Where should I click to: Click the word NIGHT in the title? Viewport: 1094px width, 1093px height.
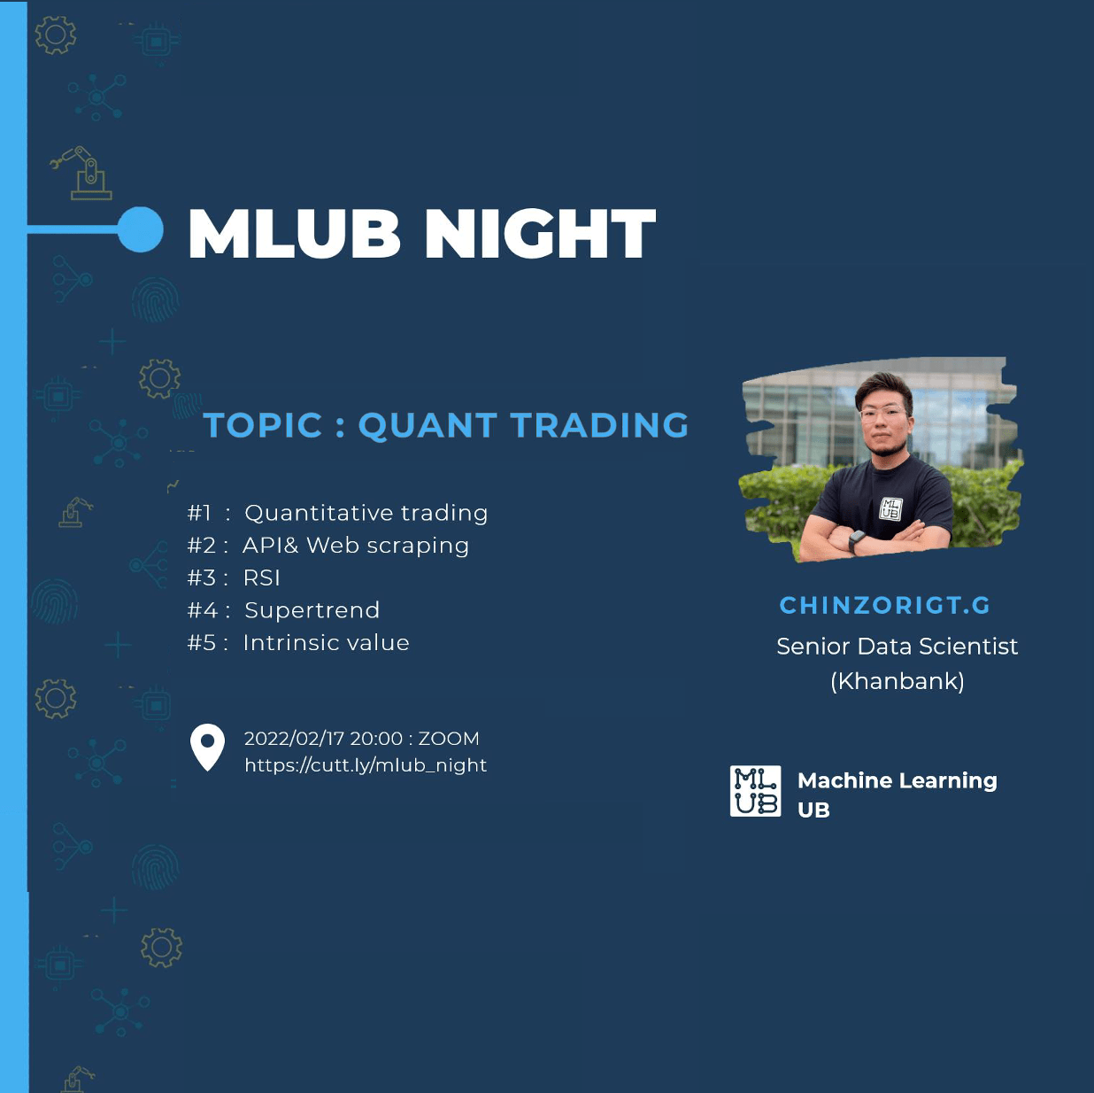(540, 233)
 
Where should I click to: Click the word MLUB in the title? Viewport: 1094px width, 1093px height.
(294, 233)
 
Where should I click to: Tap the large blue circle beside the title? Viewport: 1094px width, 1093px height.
(140, 229)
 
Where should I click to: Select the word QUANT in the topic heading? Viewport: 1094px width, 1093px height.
(427, 425)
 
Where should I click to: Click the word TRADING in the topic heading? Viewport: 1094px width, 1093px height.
(599, 424)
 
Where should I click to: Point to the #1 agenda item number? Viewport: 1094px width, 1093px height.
(199, 513)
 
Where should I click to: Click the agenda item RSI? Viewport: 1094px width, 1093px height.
(262, 578)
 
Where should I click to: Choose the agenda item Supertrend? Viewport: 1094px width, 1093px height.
(312, 611)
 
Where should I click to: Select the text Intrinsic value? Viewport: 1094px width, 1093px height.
(327, 643)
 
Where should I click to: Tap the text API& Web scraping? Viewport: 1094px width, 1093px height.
(356, 546)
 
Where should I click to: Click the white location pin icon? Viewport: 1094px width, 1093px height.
(207, 747)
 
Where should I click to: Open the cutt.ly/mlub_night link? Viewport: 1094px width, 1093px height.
(366, 765)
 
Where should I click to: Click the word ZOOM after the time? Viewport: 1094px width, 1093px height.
(449, 739)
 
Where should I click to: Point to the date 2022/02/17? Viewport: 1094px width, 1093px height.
(294, 739)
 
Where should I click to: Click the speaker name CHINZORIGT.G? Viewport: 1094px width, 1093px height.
(884, 605)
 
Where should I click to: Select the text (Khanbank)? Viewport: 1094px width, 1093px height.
(898, 681)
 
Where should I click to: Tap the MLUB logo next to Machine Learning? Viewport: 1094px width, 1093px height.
(755, 791)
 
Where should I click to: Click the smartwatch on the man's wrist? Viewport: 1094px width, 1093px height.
(856, 540)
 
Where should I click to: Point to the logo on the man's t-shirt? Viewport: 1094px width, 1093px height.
(890, 508)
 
